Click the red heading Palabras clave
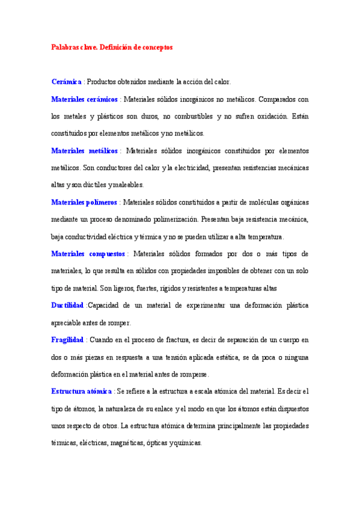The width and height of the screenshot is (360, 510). [x=112, y=47]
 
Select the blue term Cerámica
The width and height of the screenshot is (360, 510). [x=66, y=81]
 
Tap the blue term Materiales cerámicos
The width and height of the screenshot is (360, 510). [x=84, y=99]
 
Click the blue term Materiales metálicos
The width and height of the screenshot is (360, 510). [x=84, y=150]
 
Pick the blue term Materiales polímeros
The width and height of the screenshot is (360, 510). [x=84, y=202]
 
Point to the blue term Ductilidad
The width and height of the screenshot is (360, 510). [x=67, y=306]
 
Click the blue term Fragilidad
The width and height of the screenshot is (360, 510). [x=67, y=340]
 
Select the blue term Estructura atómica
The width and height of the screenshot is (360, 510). [x=81, y=392]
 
